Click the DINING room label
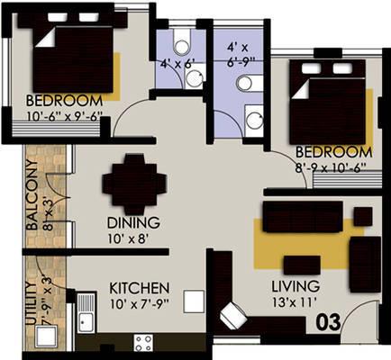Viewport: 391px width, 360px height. [133, 223]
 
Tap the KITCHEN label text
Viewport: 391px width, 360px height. [139, 287]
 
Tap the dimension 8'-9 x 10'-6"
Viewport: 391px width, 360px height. [334, 167]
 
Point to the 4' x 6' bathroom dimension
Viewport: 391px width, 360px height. [176, 65]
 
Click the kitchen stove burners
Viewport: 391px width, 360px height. [143, 341]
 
